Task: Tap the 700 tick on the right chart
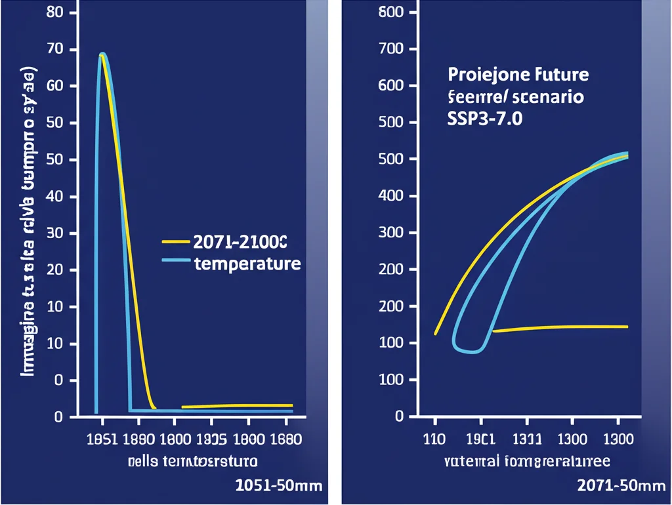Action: [x=392, y=49]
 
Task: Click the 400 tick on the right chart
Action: [x=392, y=196]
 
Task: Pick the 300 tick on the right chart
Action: [x=392, y=233]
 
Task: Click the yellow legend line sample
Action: [x=176, y=241]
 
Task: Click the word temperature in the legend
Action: [x=247, y=264]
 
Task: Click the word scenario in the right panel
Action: [x=549, y=98]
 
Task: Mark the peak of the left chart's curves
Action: [x=102, y=54]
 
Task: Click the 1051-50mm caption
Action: [x=278, y=486]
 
